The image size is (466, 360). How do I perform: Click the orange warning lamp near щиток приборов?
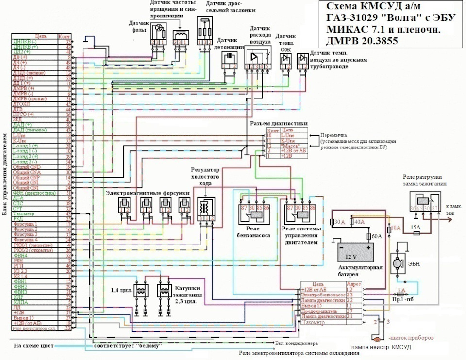377,339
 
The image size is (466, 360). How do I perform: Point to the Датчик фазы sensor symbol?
156,33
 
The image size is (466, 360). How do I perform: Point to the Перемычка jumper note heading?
331,135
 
